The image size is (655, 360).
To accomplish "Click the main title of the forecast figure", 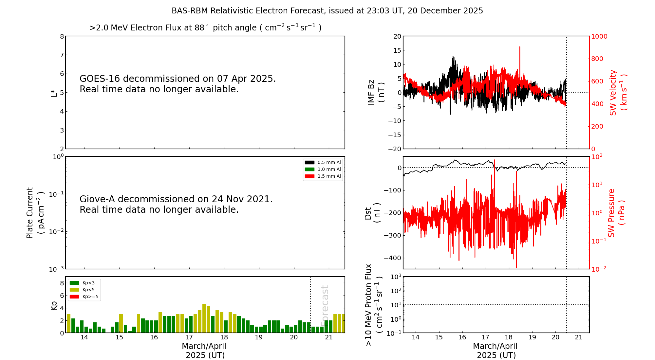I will (x=327, y=11).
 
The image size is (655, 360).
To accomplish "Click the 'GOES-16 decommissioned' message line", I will (x=178, y=79).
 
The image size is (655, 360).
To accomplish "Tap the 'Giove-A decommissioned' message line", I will (x=176, y=199).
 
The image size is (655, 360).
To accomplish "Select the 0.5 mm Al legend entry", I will (x=323, y=162).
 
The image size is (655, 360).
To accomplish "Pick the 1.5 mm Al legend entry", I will (x=323, y=176).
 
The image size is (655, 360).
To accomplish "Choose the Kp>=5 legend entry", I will (x=84, y=297).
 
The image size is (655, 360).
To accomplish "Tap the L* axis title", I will (x=54, y=93).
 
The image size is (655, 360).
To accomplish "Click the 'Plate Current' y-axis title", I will (x=30, y=213).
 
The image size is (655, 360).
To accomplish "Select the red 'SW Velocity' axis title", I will (x=613, y=93).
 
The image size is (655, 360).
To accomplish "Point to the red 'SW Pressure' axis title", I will (x=611, y=213).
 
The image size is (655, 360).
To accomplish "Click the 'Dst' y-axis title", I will (x=368, y=213).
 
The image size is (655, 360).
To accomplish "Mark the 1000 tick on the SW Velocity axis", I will (x=599, y=36).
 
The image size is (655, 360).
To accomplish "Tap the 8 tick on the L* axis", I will (x=62, y=36).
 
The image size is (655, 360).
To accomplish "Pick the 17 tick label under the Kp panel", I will (x=189, y=337).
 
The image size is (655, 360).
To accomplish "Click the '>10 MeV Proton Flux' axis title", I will (x=369, y=305).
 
